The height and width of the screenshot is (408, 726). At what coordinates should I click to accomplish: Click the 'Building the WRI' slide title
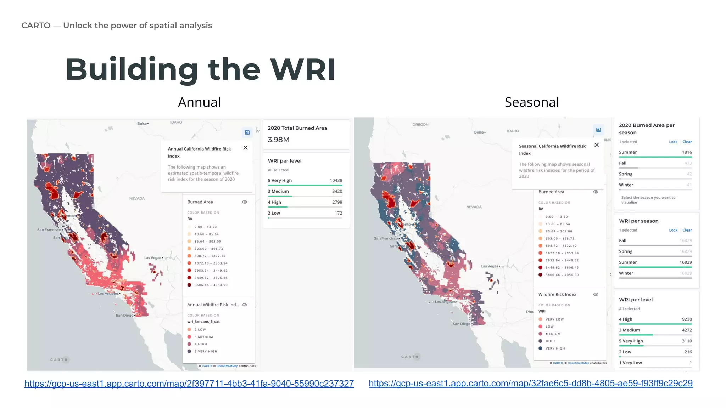tap(200, 69)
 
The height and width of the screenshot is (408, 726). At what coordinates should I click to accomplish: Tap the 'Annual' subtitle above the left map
tap(199, 102)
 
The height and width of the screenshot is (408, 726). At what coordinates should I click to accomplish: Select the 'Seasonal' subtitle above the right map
tap(531, 102)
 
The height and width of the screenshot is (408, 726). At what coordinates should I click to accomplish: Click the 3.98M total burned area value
tap(279, 140)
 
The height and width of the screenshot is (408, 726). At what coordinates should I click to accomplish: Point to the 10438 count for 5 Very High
tap(336, 180)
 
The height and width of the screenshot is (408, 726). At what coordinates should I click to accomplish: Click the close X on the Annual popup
tap(245, 148)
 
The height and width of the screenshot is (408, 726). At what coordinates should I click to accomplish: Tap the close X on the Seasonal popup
tap(597, 145)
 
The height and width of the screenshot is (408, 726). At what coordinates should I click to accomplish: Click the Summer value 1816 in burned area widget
tap(687, 152)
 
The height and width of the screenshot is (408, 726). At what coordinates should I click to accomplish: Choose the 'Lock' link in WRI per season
tap(673, 230)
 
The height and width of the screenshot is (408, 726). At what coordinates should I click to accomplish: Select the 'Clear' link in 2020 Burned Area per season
tap(687, 142)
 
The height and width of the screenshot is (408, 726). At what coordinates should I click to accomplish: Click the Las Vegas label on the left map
tap(153, 258)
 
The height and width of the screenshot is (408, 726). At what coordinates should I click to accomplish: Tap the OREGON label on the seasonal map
tap(420, 125)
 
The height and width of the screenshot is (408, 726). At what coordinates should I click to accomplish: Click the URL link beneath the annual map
tap(189, 384)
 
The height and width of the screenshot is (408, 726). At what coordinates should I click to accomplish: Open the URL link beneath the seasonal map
tap(530, 383)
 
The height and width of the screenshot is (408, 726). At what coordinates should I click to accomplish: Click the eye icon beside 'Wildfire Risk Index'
tap(596, 294)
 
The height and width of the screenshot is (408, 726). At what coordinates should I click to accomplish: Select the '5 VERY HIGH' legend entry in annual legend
tap(206, 351)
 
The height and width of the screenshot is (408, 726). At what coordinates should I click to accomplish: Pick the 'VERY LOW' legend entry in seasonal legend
tap(554, 319)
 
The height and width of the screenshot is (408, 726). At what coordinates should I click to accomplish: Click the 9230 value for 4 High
tap(687, 319)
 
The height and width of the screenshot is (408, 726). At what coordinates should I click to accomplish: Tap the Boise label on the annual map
tap(142, 124)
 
